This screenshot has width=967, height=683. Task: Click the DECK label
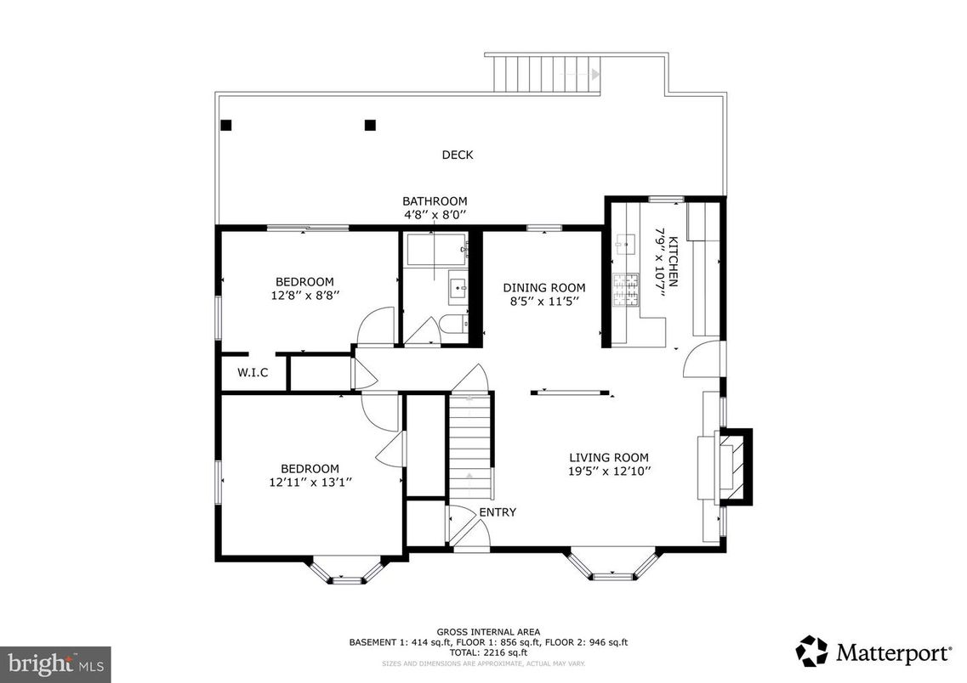tap(457, 155)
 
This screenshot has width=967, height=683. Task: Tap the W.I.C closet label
tap(253, 372)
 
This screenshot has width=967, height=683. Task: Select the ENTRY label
tap(498, 512)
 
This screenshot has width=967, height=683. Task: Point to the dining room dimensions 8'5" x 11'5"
tap(543, 302)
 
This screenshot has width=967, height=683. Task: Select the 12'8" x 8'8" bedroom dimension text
tap(304, 296)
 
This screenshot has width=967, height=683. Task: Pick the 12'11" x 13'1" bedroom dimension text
tap(310, 482)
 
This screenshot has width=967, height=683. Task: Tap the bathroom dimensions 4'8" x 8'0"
tap(435, 215)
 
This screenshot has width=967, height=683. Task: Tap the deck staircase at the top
tap(542, 74)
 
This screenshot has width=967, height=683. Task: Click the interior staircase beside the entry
tap(470, 446)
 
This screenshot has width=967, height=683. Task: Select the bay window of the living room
tap(612, 567)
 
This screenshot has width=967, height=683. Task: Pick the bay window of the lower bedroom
tap(346, 572)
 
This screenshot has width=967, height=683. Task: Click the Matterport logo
tap(873, 652)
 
